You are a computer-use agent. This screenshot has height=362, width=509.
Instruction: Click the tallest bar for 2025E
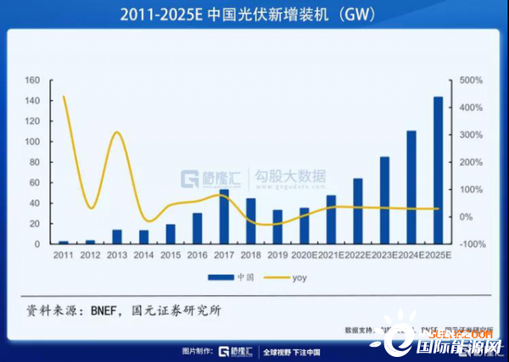[439, 170]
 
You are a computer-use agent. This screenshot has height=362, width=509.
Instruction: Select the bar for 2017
[224, 217]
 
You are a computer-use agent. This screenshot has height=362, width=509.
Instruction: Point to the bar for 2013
[117, 237]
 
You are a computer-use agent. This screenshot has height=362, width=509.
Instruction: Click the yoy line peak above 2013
[118, 133]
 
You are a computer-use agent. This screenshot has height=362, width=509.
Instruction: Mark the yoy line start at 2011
[64, 97]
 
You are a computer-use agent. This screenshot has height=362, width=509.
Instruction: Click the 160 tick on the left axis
[33, 81]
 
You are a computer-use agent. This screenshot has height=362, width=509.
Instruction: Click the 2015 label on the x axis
[171, 254]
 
